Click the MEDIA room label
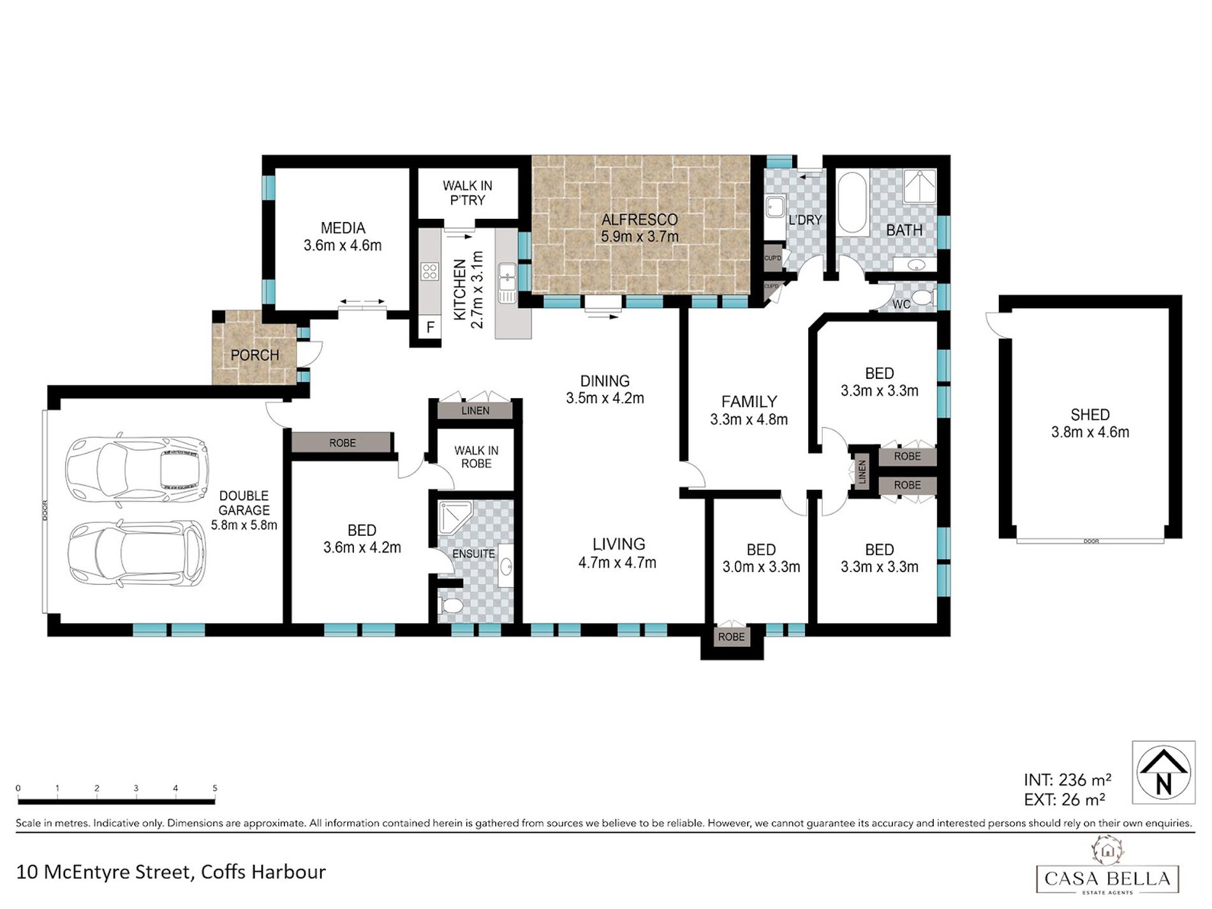coord(343,228)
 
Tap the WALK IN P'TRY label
coord(468,193)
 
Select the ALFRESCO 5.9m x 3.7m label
coord(639,228)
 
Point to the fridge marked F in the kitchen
coord(431,327)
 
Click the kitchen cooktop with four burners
coord(429,272)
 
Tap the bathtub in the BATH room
coord(851,202)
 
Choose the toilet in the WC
coord(923,297)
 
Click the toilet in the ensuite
coord(449,605)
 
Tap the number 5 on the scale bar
coord(215,788)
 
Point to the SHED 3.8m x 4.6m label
coord(1090,423)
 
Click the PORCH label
coord(255,355)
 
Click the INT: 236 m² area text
coord(1067,780)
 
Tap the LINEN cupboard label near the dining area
coord(476,411)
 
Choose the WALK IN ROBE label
coord(477,457)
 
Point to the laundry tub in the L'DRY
coord(776,207)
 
